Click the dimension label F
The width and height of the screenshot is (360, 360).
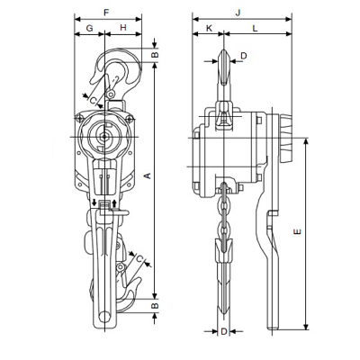coord(106,13)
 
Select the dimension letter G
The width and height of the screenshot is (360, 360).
coord(90,28)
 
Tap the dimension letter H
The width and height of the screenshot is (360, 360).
coord(123,28)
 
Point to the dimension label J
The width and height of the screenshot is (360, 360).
coord(238,13)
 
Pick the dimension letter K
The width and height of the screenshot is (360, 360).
coord(209,28)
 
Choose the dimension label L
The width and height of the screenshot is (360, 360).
coord(255,28)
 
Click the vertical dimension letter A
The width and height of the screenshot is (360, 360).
coord(148,175)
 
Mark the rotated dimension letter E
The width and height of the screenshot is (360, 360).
coord(297,231)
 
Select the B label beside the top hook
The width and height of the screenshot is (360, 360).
coord(154,55)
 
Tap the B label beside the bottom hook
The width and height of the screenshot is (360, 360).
coord(154,305)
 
